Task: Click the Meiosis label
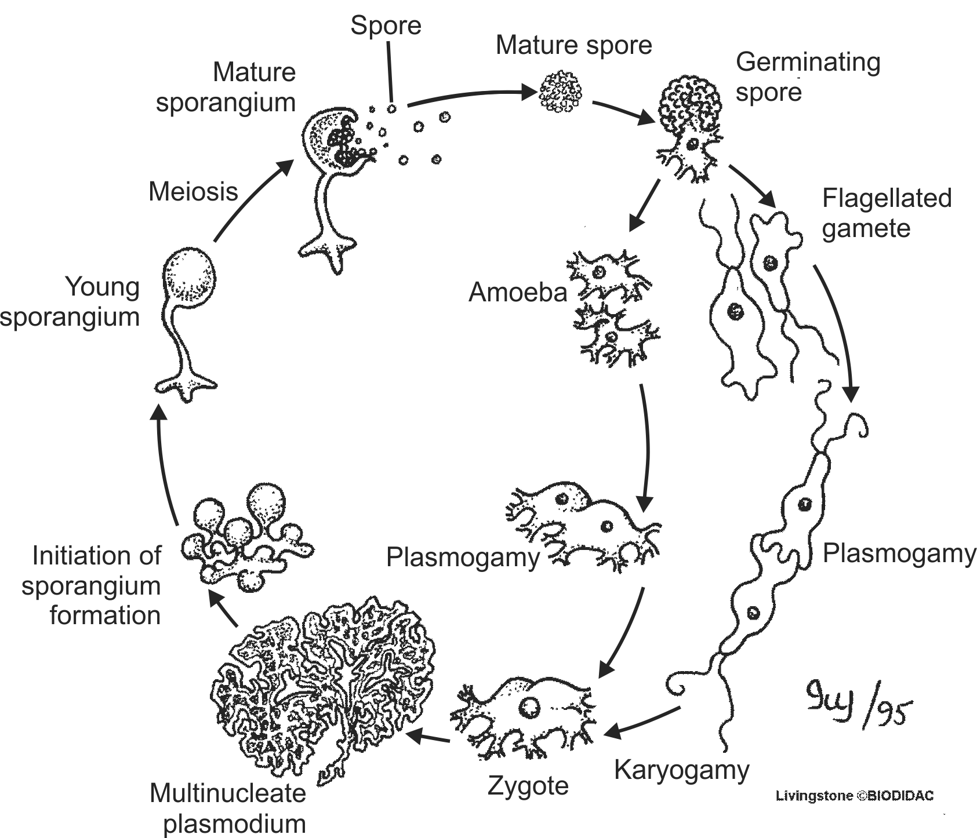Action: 193,192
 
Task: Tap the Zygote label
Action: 528,786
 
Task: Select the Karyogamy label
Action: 681,771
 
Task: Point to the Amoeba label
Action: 517,293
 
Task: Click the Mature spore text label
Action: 573,45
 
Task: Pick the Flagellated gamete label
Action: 887,213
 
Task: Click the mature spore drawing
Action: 560,91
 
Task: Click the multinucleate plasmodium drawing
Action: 325,684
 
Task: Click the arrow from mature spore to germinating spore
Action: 623,112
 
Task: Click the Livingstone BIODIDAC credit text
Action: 855,796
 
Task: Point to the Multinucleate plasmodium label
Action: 228,808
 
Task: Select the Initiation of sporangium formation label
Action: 93,585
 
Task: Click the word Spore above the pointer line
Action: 386,25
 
